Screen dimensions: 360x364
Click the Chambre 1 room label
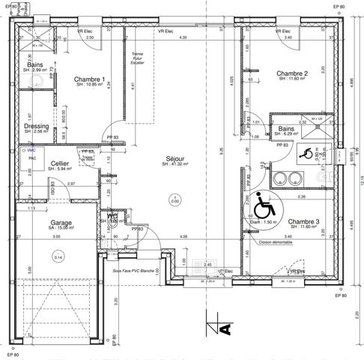(88, 79)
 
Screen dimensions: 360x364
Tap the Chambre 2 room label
(293, 73)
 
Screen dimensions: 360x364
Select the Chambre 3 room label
(303, 222)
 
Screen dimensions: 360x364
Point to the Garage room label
(61, 223)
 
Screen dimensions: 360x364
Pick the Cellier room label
(60, 163)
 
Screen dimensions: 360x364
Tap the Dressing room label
(36, 126)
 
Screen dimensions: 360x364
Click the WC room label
(112, 215)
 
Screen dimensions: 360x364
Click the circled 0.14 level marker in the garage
(58, 257)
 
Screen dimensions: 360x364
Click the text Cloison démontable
(274, 242)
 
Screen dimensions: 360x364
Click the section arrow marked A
(222, 328)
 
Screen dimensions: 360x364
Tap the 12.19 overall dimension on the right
(359, 177)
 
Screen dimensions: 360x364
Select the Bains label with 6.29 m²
(286, 129)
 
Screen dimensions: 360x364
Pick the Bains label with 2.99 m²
(35, 65)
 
